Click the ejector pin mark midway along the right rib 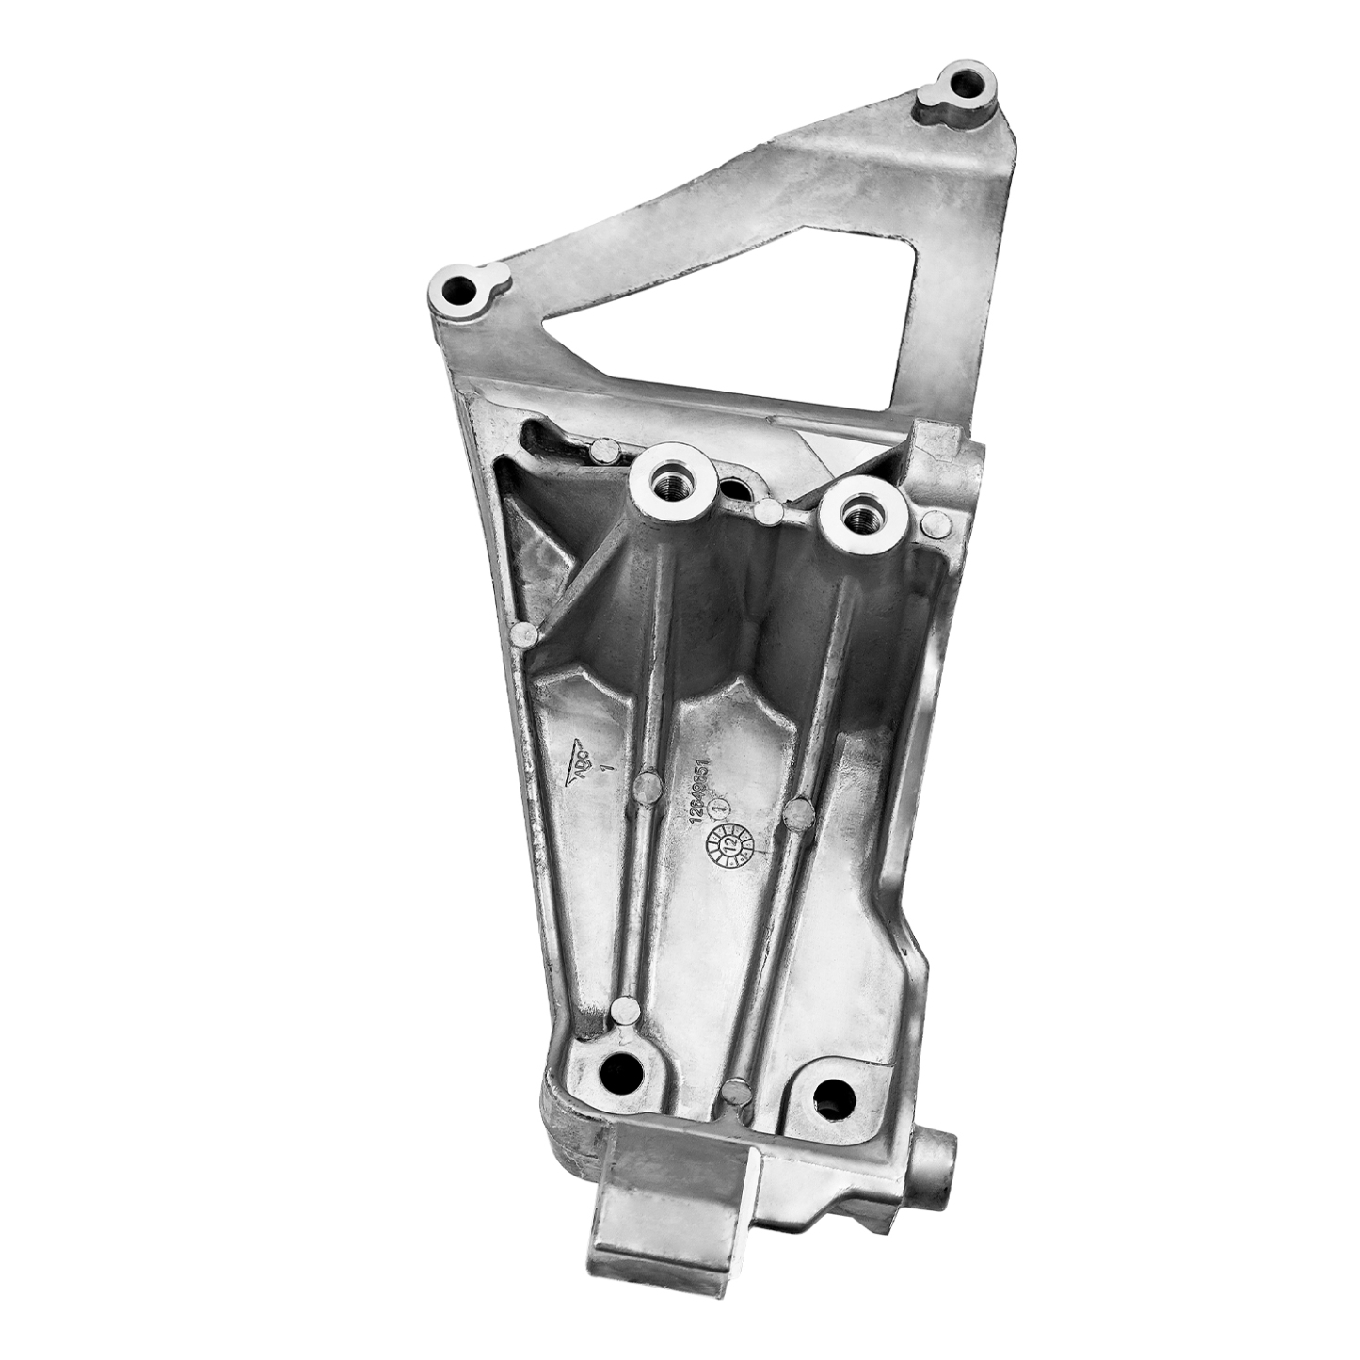[798, 811]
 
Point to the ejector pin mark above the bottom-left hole [623, 1012]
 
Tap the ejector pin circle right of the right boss [935, 525]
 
